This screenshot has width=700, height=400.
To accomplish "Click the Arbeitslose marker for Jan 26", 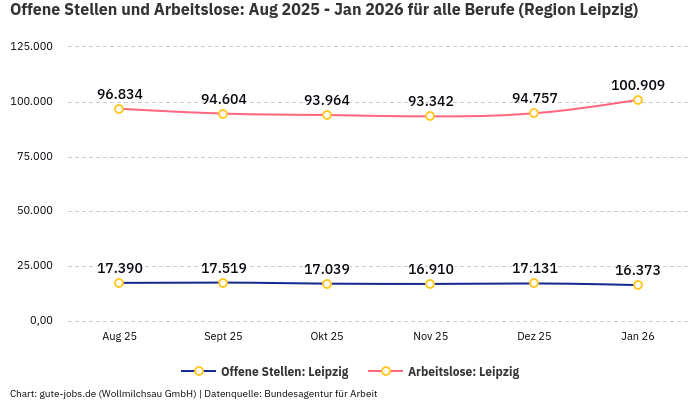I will (x=638, y=100).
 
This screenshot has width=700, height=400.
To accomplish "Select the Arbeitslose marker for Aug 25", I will (x=119, y=109).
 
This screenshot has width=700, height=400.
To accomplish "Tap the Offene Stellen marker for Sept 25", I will (x=223, y=283).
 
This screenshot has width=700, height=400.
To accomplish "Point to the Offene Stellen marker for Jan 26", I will (x=638, y=285).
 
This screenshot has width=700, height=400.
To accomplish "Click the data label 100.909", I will (x=637, y=84).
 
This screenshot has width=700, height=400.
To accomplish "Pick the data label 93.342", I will (x=430, y=101).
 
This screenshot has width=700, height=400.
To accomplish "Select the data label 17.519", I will (x=223, y=268).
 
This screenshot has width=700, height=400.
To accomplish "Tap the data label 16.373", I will (x=637, y=270).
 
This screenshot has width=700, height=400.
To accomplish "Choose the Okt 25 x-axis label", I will (x=327, y=337).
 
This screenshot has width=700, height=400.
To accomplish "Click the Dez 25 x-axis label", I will (x=534, y=337).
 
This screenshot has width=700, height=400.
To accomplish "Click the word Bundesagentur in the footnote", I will (x=298, y=393).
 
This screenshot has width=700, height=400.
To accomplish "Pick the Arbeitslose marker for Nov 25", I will (x=430, y=116).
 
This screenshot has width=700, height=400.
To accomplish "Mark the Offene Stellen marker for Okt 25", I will (x=327, y=284).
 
